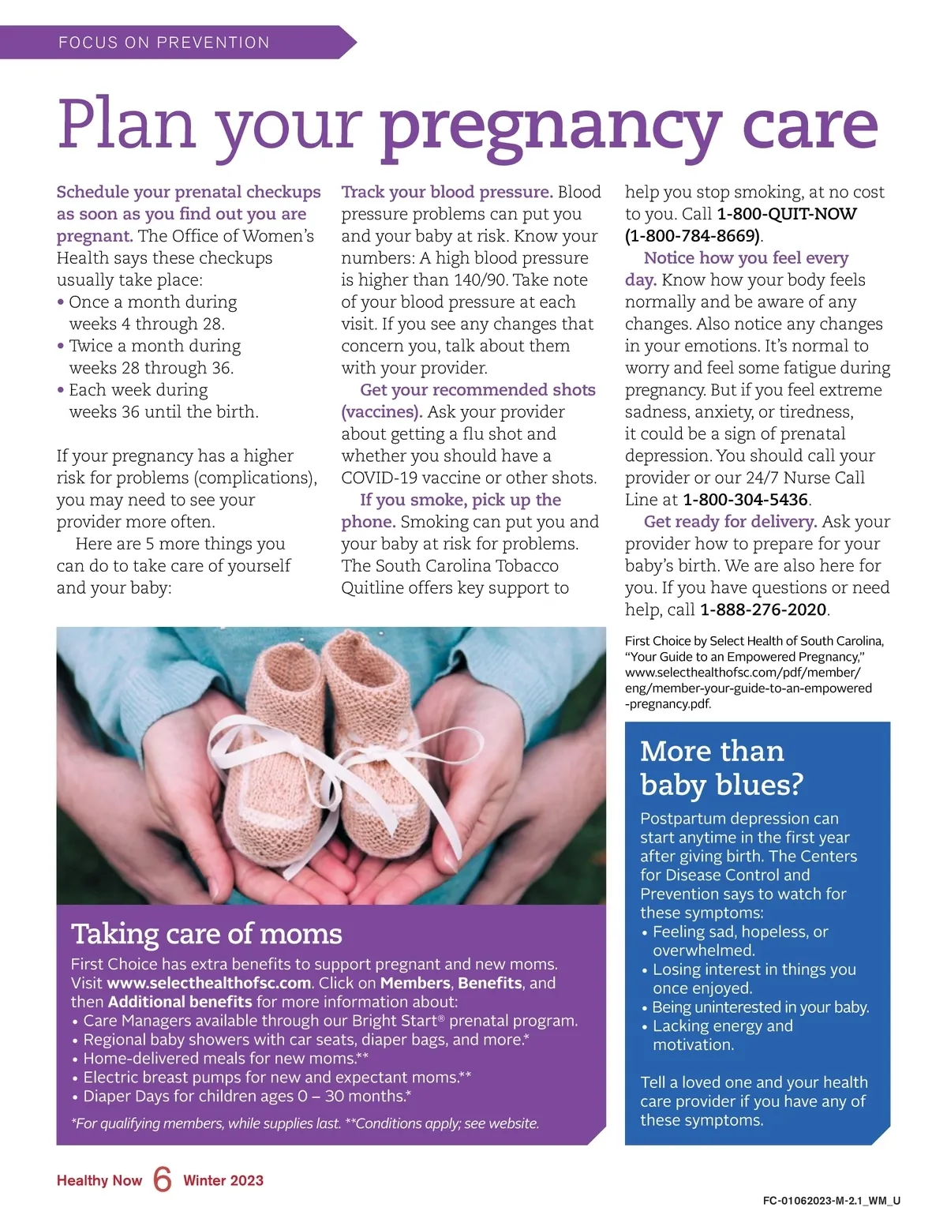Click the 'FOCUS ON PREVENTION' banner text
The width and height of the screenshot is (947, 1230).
(164, 43)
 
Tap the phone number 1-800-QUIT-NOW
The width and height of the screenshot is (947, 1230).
(786, 214)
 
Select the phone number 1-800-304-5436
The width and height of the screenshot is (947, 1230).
(745, 500)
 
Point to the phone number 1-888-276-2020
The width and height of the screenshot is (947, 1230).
(763, 609)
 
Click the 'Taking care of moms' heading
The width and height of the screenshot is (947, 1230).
(207, 934)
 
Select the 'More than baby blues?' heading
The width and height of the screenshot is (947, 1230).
(721, 767)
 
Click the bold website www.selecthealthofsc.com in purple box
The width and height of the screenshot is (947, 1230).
(209, 983)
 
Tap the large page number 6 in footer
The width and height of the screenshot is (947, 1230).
(163, 1179)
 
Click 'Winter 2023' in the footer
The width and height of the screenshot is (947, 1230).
(223, 1180)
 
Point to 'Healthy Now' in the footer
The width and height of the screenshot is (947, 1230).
(99, 1180)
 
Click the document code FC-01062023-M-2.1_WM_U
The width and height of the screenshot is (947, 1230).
(832, 1201)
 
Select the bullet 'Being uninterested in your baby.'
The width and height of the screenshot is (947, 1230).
(761, 1007)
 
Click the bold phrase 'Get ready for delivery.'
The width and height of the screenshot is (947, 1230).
(730, 522)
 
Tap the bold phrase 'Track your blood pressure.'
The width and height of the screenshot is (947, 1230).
(447, 192)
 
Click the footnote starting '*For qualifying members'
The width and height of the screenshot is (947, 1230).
(305, 1123)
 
